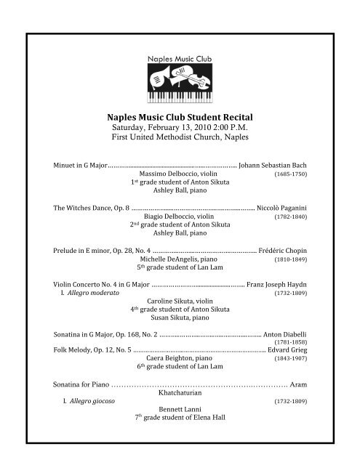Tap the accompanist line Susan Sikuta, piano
pos(180,320)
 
